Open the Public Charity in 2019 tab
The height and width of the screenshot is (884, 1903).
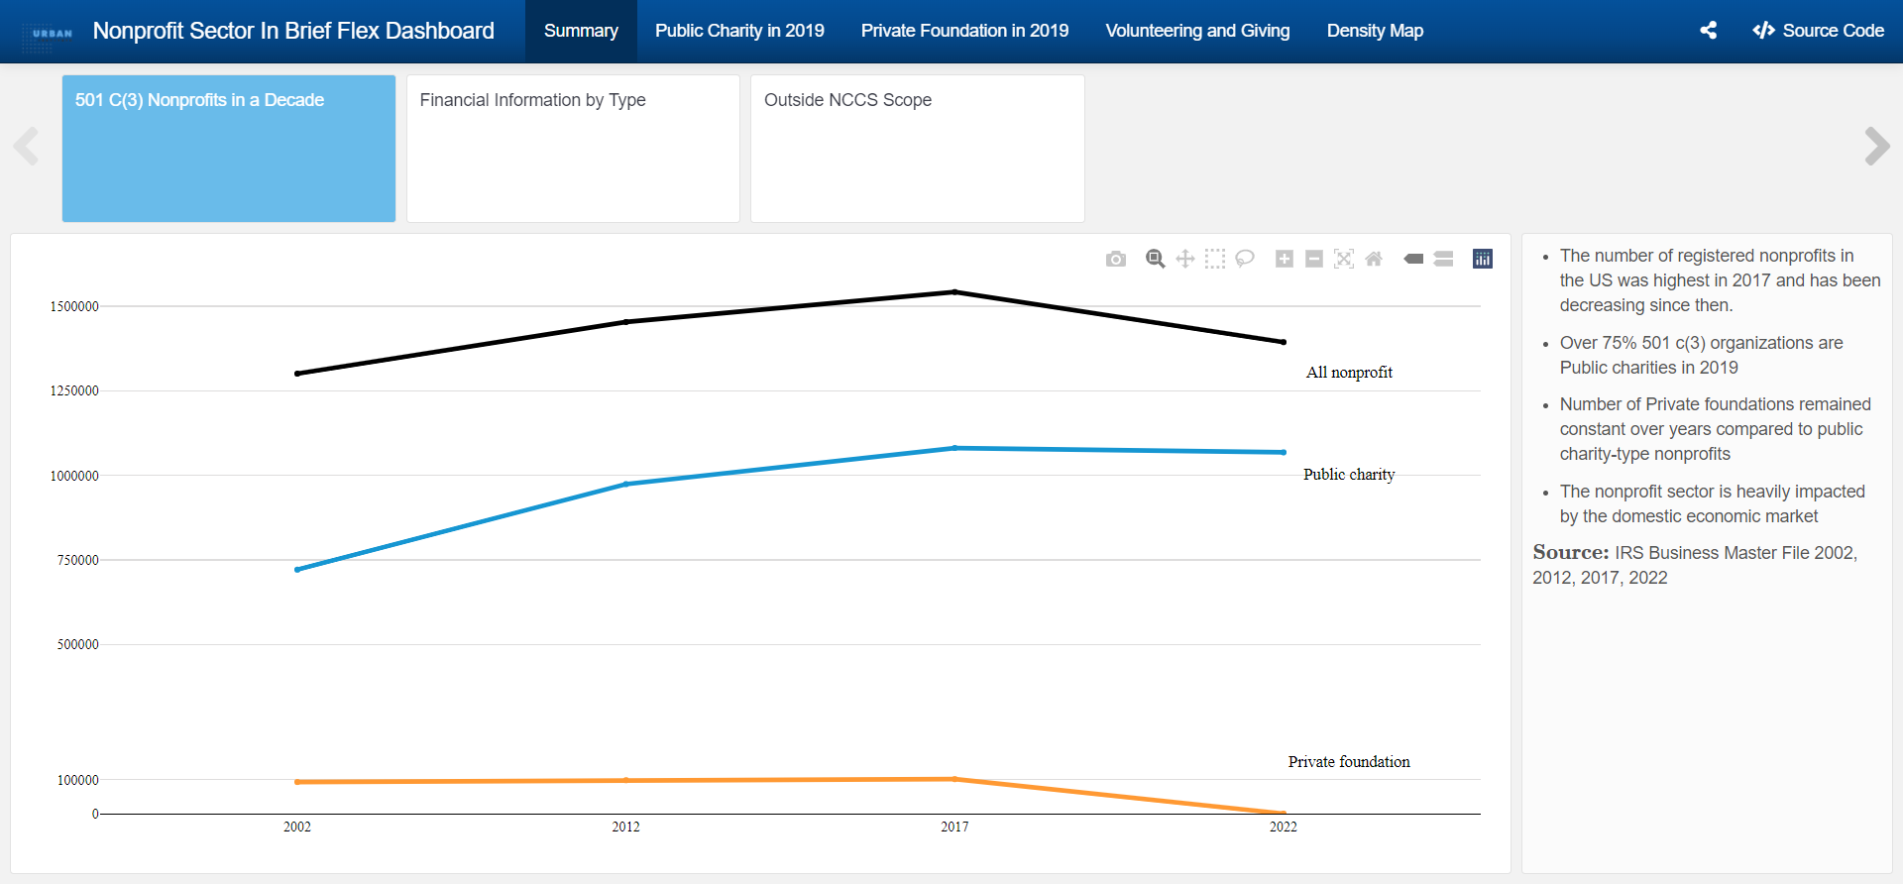click(738, 31)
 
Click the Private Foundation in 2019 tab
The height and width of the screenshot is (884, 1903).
click(964, 31)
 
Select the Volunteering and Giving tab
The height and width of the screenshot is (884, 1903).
click(1197, 31)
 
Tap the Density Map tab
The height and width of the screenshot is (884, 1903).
click(1375, 31)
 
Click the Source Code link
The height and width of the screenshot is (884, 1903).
click(1819, 31)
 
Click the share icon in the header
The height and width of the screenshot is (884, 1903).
click(1709, 31)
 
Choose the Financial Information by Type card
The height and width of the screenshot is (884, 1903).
click(573, 149)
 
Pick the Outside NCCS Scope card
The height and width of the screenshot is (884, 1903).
click(917, 149)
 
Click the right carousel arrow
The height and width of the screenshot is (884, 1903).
click(1876, 147)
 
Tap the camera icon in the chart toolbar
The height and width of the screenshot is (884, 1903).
click(1116, 259)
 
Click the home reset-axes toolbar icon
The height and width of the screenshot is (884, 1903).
click(1374, 259)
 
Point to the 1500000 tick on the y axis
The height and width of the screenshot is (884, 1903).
click(74, 306)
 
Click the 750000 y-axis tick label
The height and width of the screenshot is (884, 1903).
click(77, 560)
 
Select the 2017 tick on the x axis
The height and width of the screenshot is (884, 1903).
click(954, 827)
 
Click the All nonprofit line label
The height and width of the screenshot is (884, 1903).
click(1349, 373)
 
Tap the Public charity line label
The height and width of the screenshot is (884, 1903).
click(1349, 475)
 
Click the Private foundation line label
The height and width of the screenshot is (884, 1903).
click(1349, 762)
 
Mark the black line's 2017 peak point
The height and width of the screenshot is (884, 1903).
click(954, 291)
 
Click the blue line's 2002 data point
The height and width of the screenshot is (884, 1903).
click(297, 570)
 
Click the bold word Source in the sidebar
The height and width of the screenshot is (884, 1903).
click(1570, 552)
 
